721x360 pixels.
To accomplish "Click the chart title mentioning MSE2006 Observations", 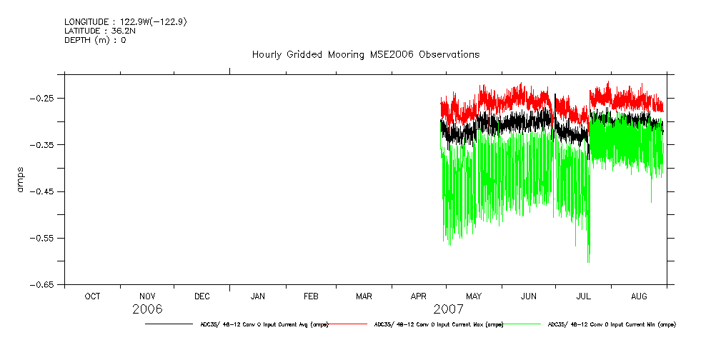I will click(x=365, y=54).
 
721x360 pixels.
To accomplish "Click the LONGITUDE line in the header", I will click(x=125, y=22).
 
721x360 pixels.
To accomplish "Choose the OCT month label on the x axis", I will click(x=92, y=296).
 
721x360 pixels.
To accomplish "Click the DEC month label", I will click(x=202, y=296).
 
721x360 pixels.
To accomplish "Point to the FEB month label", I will click(x=312, y=296).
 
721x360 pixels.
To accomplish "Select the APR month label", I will click(x=419, y=296).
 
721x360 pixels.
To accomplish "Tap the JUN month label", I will click(x=528, y=296).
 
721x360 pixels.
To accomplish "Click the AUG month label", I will click(x=639, y=296).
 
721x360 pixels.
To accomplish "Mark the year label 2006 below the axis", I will click(x=147, y=309).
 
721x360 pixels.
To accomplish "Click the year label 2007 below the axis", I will click(x=447, y=309).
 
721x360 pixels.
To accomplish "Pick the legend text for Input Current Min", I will click(x=611, y=324).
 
